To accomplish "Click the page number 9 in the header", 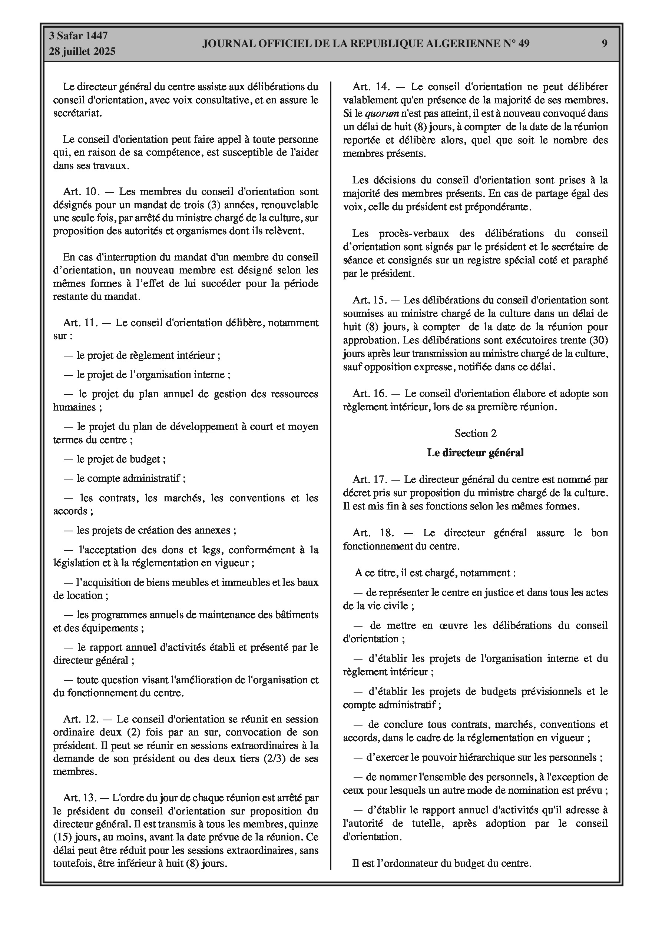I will tap(605, 43).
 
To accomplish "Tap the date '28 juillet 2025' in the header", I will tap(82, 52).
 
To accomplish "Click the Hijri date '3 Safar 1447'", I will tap(78, 36).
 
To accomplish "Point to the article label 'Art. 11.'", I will tap(81, 323).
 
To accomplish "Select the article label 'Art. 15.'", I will tap(370, 301).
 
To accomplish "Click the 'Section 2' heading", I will tap(476, 433).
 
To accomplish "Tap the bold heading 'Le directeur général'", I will tap(475, 452).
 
